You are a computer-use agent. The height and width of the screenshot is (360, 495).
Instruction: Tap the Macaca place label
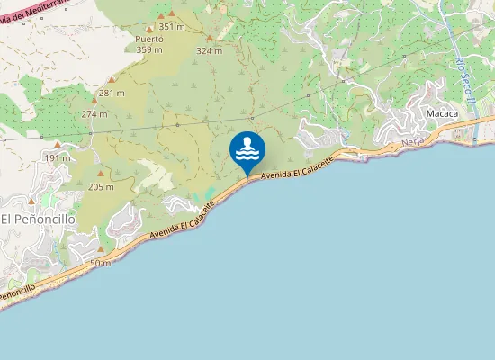pyautogui.click(x=442, y=114)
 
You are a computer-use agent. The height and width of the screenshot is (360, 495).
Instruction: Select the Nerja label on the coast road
pyautogui.click(x=413, y=142)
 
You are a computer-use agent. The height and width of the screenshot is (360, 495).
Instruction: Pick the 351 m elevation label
pyautogui.click(x=171, y=27)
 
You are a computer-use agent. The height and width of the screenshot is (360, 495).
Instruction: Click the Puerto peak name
pyautogui.click(x=148, y=40)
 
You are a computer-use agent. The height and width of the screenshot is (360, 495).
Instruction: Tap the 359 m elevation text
pyautogui.click(x=148, y=50)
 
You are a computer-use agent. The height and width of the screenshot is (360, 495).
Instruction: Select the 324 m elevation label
pyautogui.click(x=209, y=50)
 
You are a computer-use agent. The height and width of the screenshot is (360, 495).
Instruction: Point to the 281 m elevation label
pyautogui.click(x=112, y=93)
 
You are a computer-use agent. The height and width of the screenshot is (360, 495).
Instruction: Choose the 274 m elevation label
pyautogui.click(x=94, y=114)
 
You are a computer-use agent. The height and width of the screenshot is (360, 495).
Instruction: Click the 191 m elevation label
pyautogui.click(x=57, y=157)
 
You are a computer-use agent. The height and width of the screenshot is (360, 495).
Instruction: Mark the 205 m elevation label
pyautogui.click(x=101, y=187)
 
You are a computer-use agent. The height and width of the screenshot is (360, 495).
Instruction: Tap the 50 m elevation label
pyautogui.click(x=101, y=263)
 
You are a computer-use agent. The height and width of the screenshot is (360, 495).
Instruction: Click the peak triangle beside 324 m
pyautogui.click(x=209, y=39)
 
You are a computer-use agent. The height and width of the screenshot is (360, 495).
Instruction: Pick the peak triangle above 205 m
pyautogui.click(x=101, y=175)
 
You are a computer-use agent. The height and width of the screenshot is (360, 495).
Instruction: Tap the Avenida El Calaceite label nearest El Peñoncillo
pyautogui.click(x=183, y=220)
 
